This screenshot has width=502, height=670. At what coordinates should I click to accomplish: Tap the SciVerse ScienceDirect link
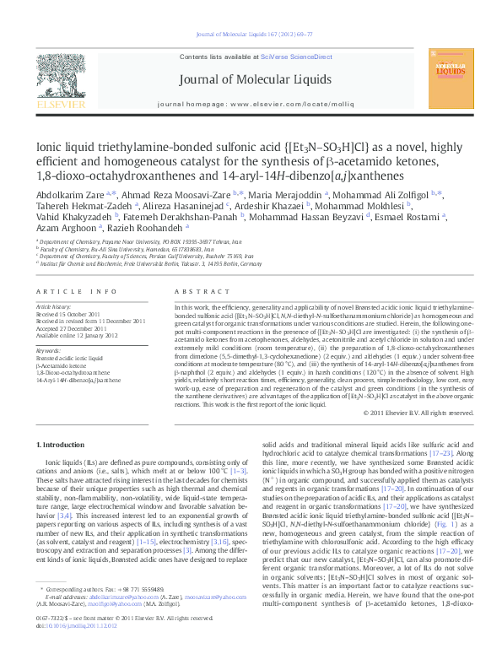click(287, 56)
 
